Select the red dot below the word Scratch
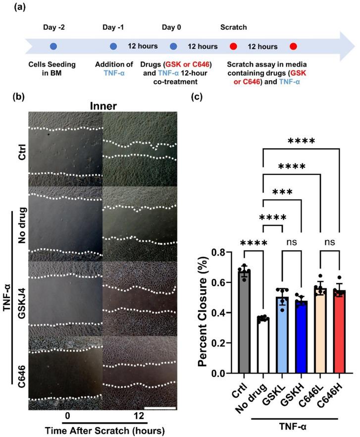(233, 47)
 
